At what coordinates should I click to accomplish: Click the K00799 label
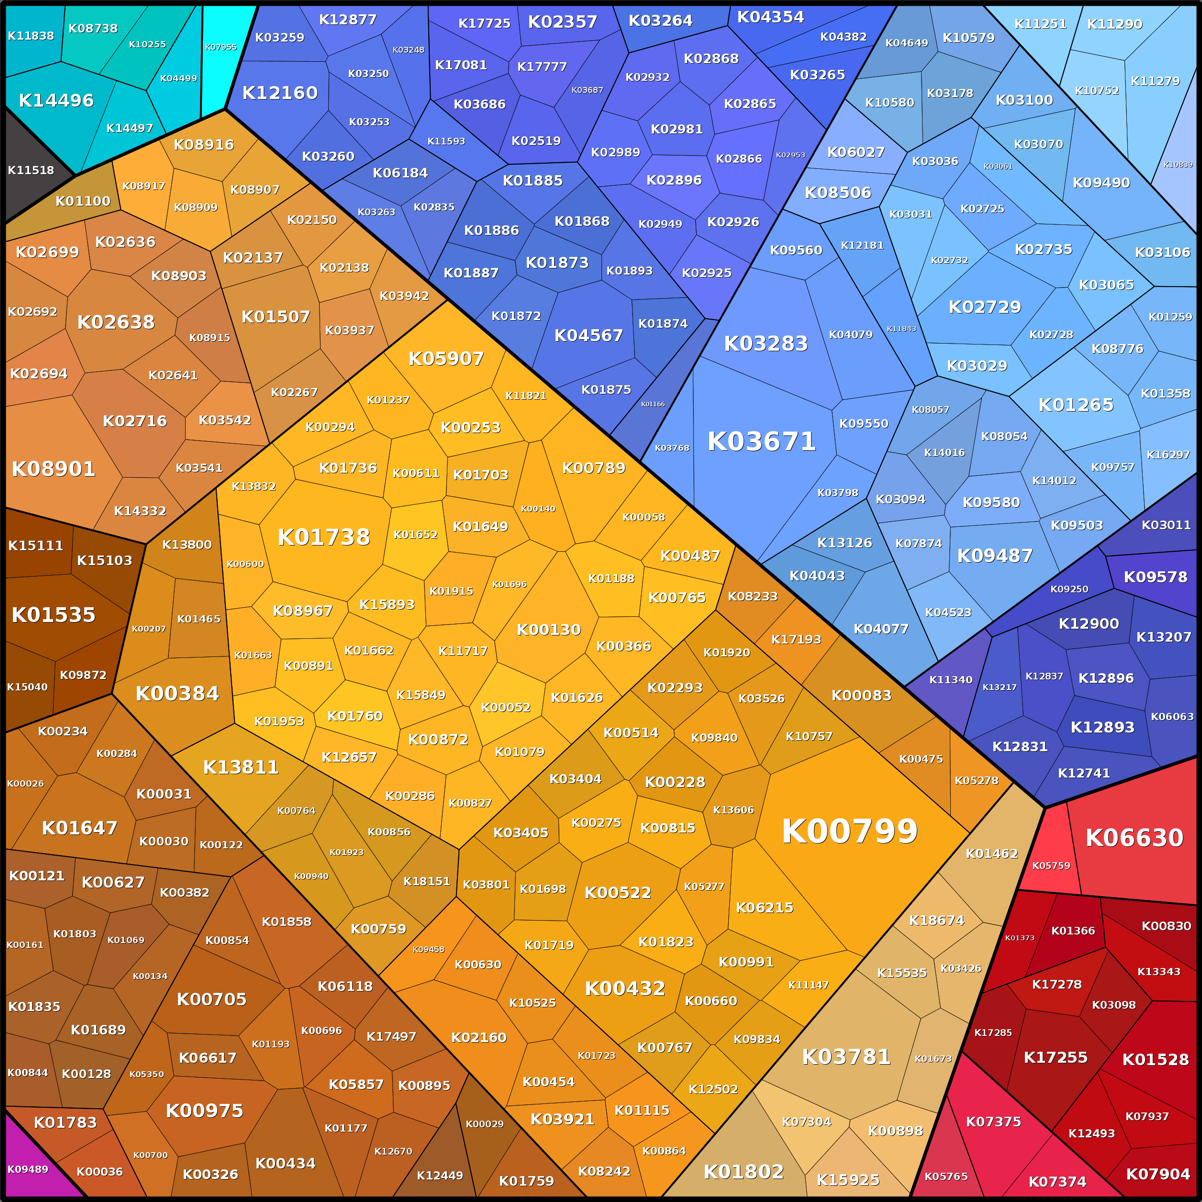point(849,831)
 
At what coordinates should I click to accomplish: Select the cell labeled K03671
point(761,442)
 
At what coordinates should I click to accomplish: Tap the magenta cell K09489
point(28,1169)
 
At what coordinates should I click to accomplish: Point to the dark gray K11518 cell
point(31,170)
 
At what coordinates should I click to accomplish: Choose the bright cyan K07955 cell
point(222,47)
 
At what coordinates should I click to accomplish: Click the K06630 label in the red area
point(1134,838)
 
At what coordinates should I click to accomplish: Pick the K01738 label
point(323,537)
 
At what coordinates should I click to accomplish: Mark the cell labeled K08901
point(54,469)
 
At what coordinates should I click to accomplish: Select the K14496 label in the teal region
point(56,100)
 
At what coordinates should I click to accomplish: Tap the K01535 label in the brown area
point(54,615)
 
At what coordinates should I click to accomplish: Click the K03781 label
point(846,1057)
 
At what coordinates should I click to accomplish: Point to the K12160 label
point(280,93)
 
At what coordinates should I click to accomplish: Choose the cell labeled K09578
point(1155,577)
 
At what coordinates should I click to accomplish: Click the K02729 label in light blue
point(985,307)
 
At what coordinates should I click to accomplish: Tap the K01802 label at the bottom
point(744,1171)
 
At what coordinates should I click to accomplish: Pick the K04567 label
point(589,335)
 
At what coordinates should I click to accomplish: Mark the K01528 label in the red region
point(1155,1059)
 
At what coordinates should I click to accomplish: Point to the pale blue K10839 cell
point(1178,164)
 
